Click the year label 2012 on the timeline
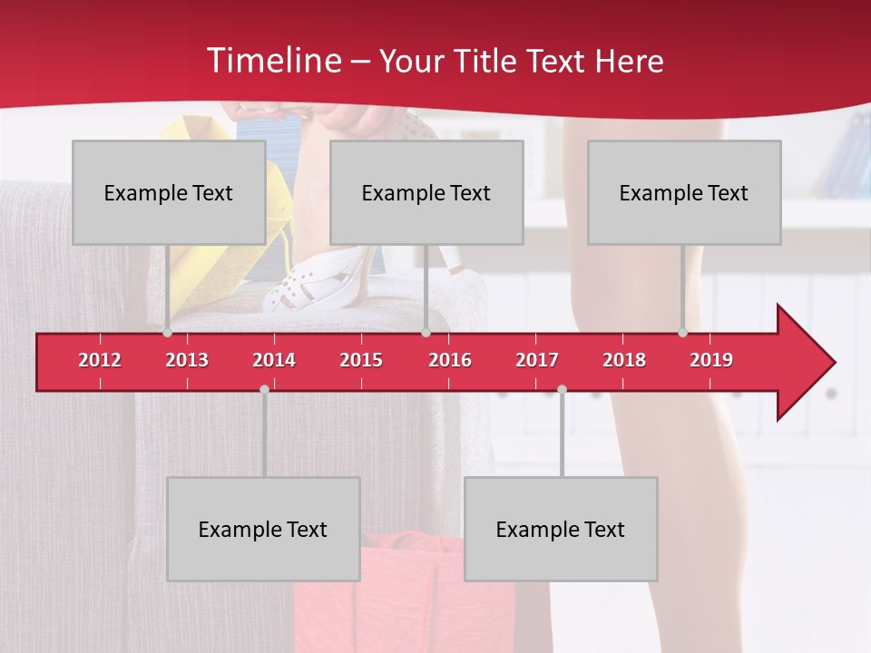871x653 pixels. [100, 360]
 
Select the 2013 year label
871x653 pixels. [187, 360]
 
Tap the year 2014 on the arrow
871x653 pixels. [274, 360]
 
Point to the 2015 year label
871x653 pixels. [361, 360]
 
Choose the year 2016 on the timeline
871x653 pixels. [450, 360]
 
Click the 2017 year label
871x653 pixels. [537, 360]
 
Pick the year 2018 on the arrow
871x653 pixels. [624, 360]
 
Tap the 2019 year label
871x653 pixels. [711, 360]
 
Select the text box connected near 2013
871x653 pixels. [169, 192]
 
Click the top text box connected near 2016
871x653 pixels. [426, 192]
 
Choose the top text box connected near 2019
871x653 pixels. [684, 192]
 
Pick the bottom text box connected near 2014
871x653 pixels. [263, 529]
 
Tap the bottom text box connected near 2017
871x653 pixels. [561, 529]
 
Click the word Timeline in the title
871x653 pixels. [273, 61]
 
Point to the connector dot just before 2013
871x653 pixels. [167, 332]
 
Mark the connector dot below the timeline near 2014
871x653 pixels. [264, 389]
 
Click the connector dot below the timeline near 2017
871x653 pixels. [562, 389]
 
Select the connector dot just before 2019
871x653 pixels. [682, 332]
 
